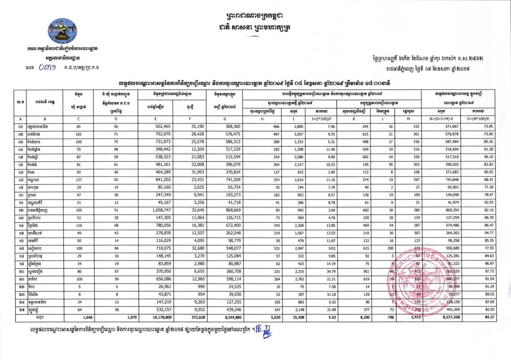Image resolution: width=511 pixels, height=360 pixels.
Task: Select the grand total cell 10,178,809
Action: pyautogui.click(x=162, y=317)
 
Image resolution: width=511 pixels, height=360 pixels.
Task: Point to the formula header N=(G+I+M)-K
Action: pyautogui.click(x=442, y=119)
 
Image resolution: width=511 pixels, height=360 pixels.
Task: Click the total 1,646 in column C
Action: pyautogui.click(x=88, y=317)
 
